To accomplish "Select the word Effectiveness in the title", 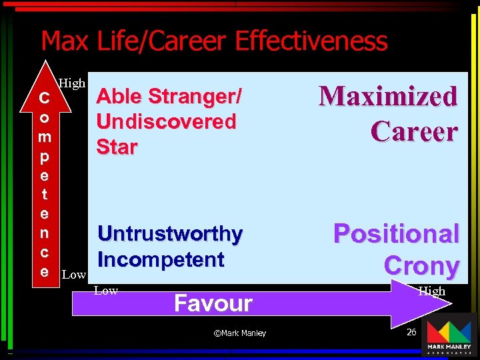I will (311, 41).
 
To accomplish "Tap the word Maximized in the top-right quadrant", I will (388, 96).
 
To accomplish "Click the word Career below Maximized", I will (414, 131).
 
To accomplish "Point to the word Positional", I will (396, 234).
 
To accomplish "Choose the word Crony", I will (421, 265).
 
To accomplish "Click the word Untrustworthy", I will (170, 234).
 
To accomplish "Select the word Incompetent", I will (161, 259).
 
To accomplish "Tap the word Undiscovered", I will (166, 122).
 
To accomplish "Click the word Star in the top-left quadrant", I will (117, 147).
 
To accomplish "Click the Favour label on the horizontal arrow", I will (213, 303).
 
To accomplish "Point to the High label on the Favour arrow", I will (431, 291).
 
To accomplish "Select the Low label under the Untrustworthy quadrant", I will (106, 290).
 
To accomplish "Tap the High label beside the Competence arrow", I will (72, 83).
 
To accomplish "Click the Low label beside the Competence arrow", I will (73, 275).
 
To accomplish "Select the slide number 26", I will (411, 331).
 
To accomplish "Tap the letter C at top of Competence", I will (44, 98).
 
